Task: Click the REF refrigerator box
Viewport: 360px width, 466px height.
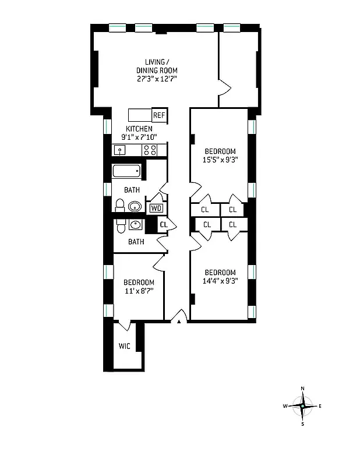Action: pyautogui.click(x=159, y=115)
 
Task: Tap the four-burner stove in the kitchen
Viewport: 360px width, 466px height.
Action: pyautogui.click(x=150, y=150)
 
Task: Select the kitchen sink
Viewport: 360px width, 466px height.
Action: pyautogui.click(x=121, y=150)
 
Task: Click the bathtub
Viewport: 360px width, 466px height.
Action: pyautogui.click(x=126, y=171)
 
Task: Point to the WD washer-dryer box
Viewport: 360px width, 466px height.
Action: pyautogui.click(x=156, y=208)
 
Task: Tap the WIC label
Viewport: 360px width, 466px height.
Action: pyautogui.click(x=124, y=345)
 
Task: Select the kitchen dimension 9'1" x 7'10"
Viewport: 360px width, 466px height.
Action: pyautogui.click(x=139, y=137)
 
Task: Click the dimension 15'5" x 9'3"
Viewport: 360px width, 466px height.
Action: pyautogui.click(x=220, y=158)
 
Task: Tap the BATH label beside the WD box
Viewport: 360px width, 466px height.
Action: pyautogui.click(x=132, y=190)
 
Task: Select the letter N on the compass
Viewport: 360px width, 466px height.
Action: pyautogui.click(x=302, y=388)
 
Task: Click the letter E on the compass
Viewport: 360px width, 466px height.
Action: pyautogui.click(x=320, y=405)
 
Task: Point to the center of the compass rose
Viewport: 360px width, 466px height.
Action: pyautogui.click(x=302, y=405)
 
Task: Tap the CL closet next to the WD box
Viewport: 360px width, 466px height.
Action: pyautogui.click(x=164, y=224)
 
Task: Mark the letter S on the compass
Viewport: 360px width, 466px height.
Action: pyautogui.click(x=302, y=423)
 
